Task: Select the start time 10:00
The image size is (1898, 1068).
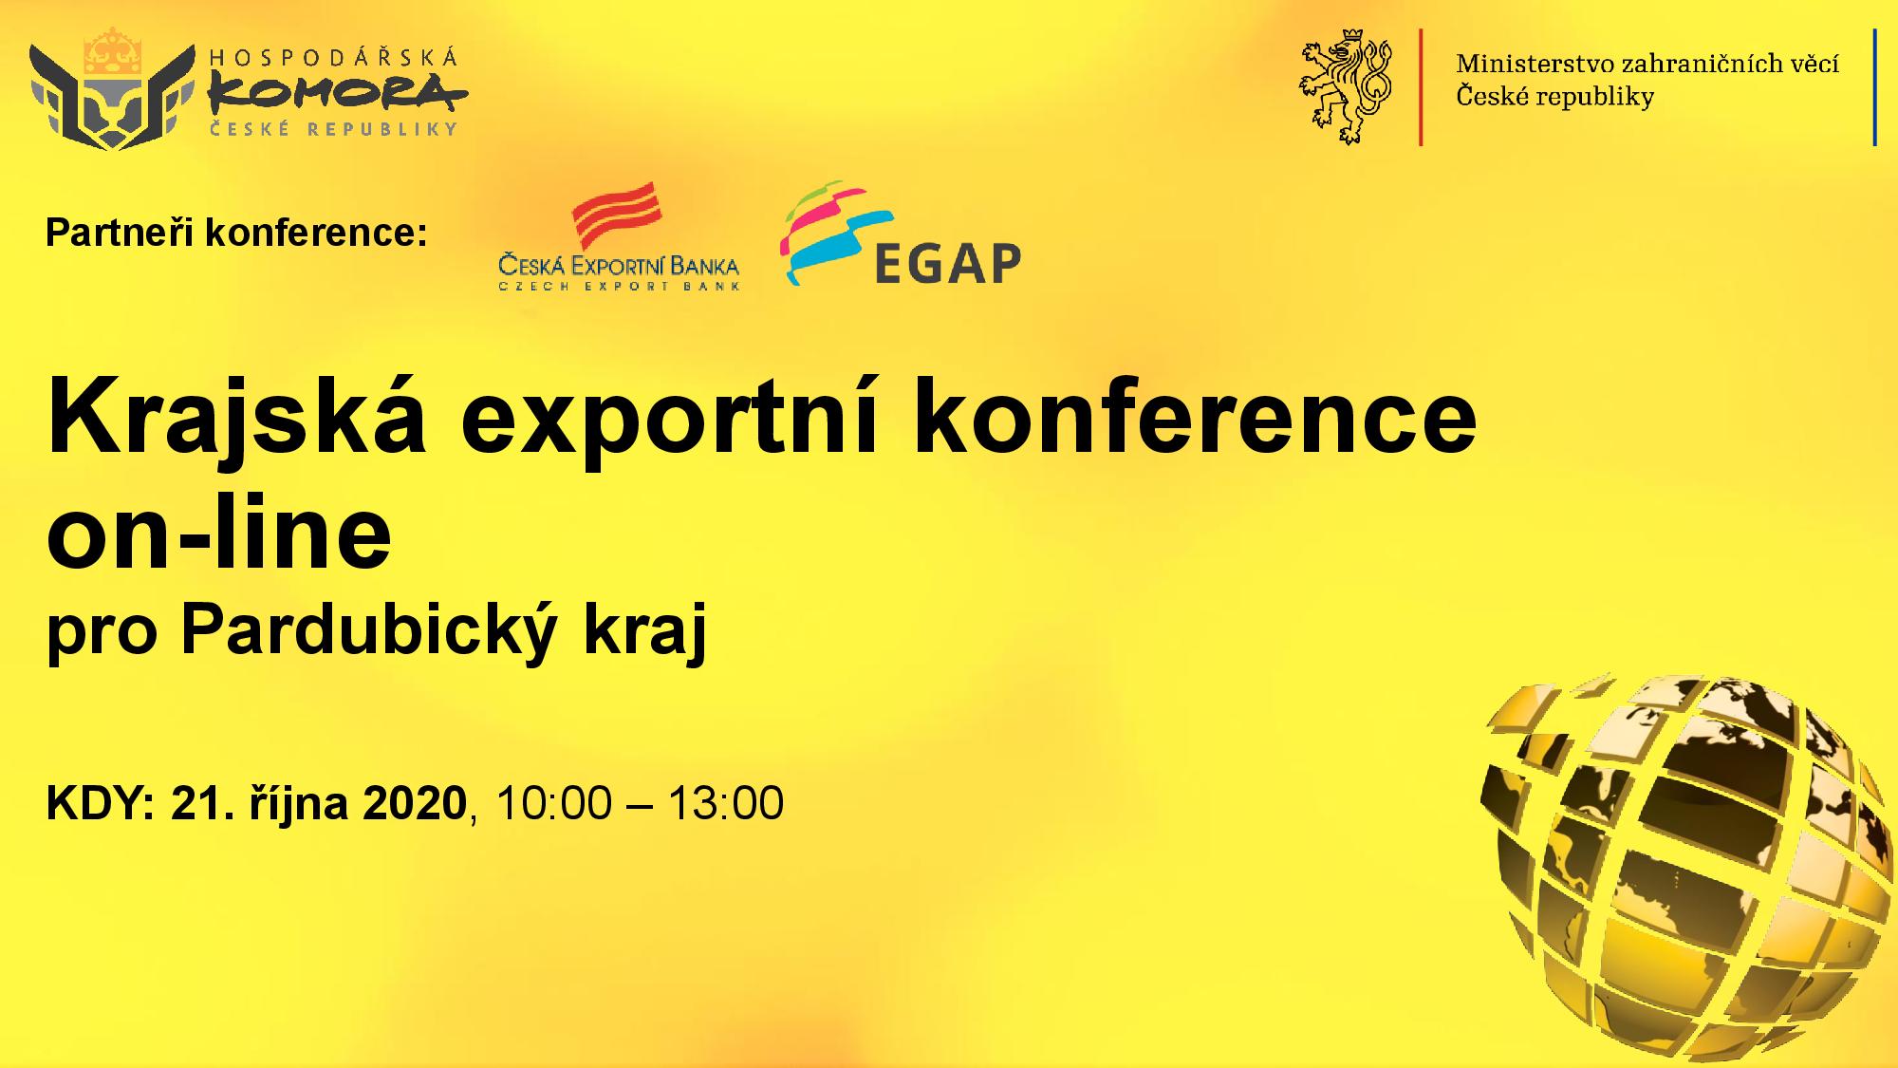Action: coord(540,803)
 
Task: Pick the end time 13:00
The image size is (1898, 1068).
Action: coord(726,803)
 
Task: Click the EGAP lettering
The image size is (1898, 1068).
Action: coord(946,263)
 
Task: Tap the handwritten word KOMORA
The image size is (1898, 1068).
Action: coord(338,93)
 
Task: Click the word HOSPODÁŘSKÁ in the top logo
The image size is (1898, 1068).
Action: coord(333,57)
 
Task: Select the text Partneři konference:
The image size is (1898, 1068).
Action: coord(237,233)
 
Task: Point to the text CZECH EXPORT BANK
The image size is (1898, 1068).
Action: coord(619,285)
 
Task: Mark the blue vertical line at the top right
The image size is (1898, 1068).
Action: coord(1875,86)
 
